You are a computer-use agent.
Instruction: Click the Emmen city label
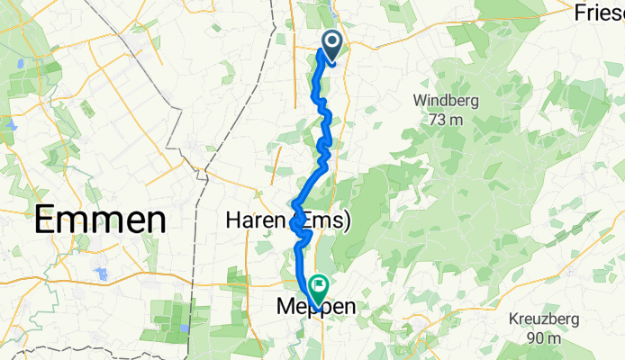(101, 220)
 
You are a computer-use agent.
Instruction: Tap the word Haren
(256, 220)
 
